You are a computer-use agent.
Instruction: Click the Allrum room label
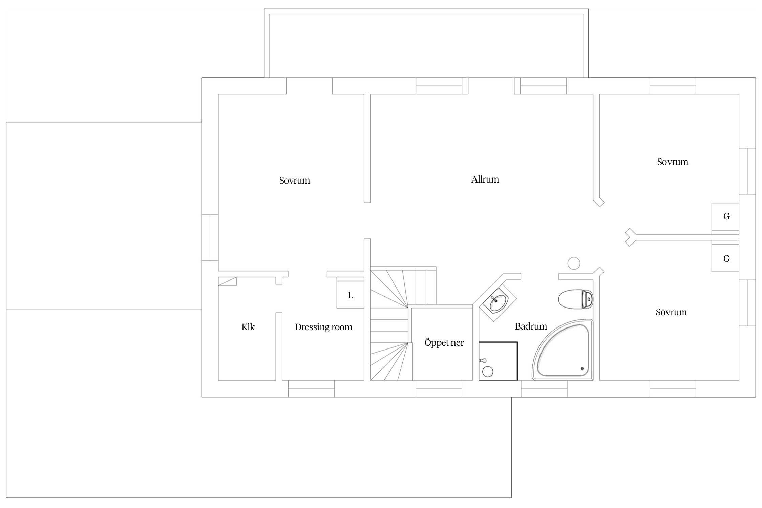485,179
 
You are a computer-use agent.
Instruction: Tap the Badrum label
531,326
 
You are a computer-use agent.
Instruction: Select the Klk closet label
248,327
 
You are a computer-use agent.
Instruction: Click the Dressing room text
323,327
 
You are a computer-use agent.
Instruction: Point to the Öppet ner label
444,342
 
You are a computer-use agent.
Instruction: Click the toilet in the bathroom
575,299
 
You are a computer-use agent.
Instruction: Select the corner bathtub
563,350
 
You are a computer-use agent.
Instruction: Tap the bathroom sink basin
498,302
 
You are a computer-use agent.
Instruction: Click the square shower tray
498,361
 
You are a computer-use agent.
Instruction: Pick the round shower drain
488,372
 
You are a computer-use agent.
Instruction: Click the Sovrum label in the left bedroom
294,180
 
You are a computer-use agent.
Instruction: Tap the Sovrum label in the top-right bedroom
673,162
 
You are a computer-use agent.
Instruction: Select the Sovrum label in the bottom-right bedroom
671,312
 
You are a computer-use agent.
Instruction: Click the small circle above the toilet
574,263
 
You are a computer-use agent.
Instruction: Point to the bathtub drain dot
582,368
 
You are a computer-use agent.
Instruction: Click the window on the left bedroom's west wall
210,238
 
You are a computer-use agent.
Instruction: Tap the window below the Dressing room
311,389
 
